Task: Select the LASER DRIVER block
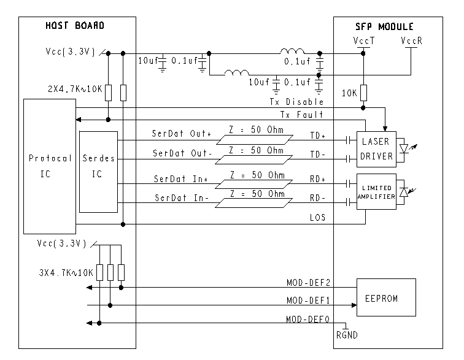pos(376,149)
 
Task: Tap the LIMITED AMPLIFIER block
pos(376,192)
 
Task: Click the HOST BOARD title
pos(75,25)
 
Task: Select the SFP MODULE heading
pos(384,26)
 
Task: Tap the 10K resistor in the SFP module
pos(363,93)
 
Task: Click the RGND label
pos(347,335)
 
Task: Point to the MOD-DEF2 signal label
pos(308,283)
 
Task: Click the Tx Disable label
pos(296,102)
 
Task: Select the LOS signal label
pos(317,218)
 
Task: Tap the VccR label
pos(411,40)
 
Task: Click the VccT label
pos(364,40)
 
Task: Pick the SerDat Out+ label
pos(182,134)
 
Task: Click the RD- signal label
pos(317,198)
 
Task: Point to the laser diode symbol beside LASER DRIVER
pos(404,148)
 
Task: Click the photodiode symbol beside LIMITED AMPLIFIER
pos(404,193)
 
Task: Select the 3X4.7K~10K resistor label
pos(66,272)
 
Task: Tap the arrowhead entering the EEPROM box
pos(354,305)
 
